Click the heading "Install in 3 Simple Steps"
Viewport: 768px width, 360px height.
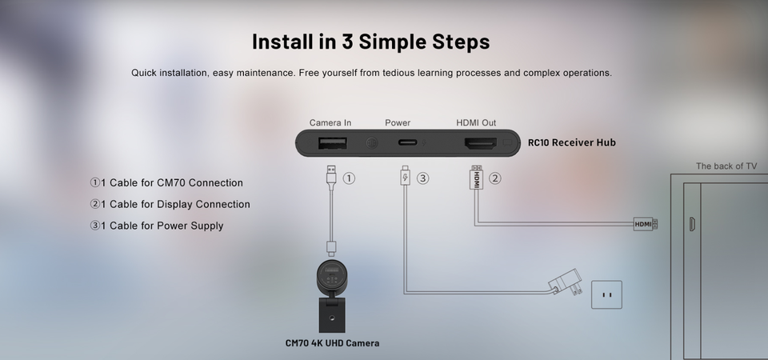[370, 42]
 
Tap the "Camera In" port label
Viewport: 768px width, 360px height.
[330, 123]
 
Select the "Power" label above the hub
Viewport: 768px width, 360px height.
[398, 123]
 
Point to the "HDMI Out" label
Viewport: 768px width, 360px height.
[476, 123]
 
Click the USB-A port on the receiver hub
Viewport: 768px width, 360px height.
[333, 143]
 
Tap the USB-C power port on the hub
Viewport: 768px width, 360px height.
[407, 142]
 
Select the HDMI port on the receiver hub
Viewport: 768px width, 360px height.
[481, 143]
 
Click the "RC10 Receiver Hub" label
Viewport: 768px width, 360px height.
[571, 142]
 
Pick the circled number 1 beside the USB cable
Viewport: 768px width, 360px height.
[349, 178]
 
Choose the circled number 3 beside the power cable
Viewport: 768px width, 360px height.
[422, 178]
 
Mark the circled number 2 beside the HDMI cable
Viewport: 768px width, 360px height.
[495, 178]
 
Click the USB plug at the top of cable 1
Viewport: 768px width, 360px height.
[331, 174]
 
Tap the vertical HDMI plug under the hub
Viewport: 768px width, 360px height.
[476, 178]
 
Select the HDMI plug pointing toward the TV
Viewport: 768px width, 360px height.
[646, 224]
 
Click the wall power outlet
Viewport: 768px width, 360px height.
[607, 295]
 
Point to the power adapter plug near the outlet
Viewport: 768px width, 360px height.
[566, 282]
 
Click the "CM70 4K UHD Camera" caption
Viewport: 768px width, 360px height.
[332, 343]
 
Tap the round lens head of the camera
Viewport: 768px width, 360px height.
[332, 278]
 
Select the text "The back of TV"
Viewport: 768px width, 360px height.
[726, 166]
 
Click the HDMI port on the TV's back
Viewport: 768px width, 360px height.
[691, 224]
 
